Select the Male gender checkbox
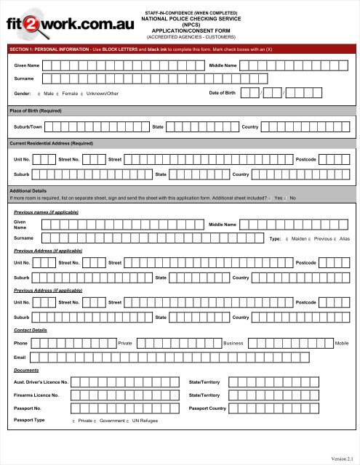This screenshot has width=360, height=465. coord(39,94)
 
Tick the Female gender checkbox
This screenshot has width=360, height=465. coord(57,94)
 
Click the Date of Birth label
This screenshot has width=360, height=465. coord(222,93)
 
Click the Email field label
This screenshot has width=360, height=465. coord(20,357)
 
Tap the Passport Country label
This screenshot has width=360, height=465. coord(209,408)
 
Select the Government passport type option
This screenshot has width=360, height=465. coord(95,421)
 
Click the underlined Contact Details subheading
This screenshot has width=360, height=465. coord(30,329)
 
